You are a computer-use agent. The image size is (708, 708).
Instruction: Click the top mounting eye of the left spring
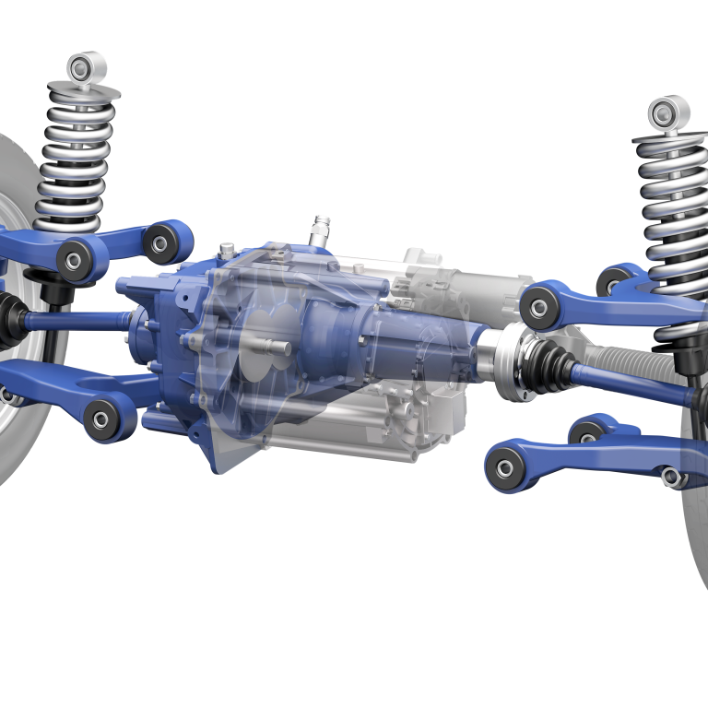(87, 67)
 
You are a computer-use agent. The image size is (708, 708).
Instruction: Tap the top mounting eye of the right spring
(668, 112)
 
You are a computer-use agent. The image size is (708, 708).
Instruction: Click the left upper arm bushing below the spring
(76, 257)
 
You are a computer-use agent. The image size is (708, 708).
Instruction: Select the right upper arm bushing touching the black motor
(539, 303)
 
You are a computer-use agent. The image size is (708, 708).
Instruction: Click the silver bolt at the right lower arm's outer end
(672, 477)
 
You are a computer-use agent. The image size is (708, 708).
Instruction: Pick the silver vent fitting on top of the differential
(321, 229)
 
